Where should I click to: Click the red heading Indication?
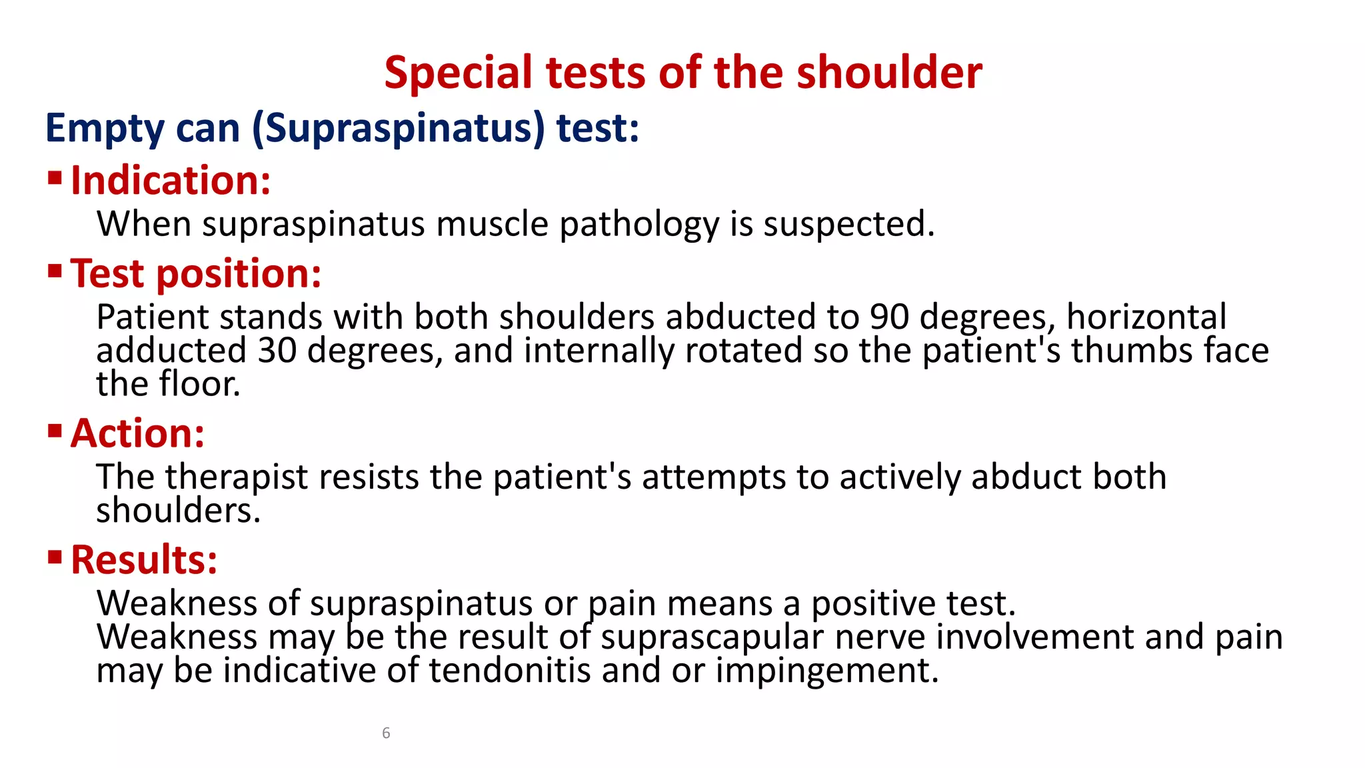(171, 181)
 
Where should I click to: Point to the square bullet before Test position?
(55, 271)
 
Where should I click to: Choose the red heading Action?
(137, 433)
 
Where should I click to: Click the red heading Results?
(144, 559)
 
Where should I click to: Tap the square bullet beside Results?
(55, 557)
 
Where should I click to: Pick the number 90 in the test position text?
(889, 317)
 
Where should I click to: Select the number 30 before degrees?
(277, 351)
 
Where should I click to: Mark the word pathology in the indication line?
(639, 225)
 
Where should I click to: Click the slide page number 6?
(386, 733)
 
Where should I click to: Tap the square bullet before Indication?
(55, 178)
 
